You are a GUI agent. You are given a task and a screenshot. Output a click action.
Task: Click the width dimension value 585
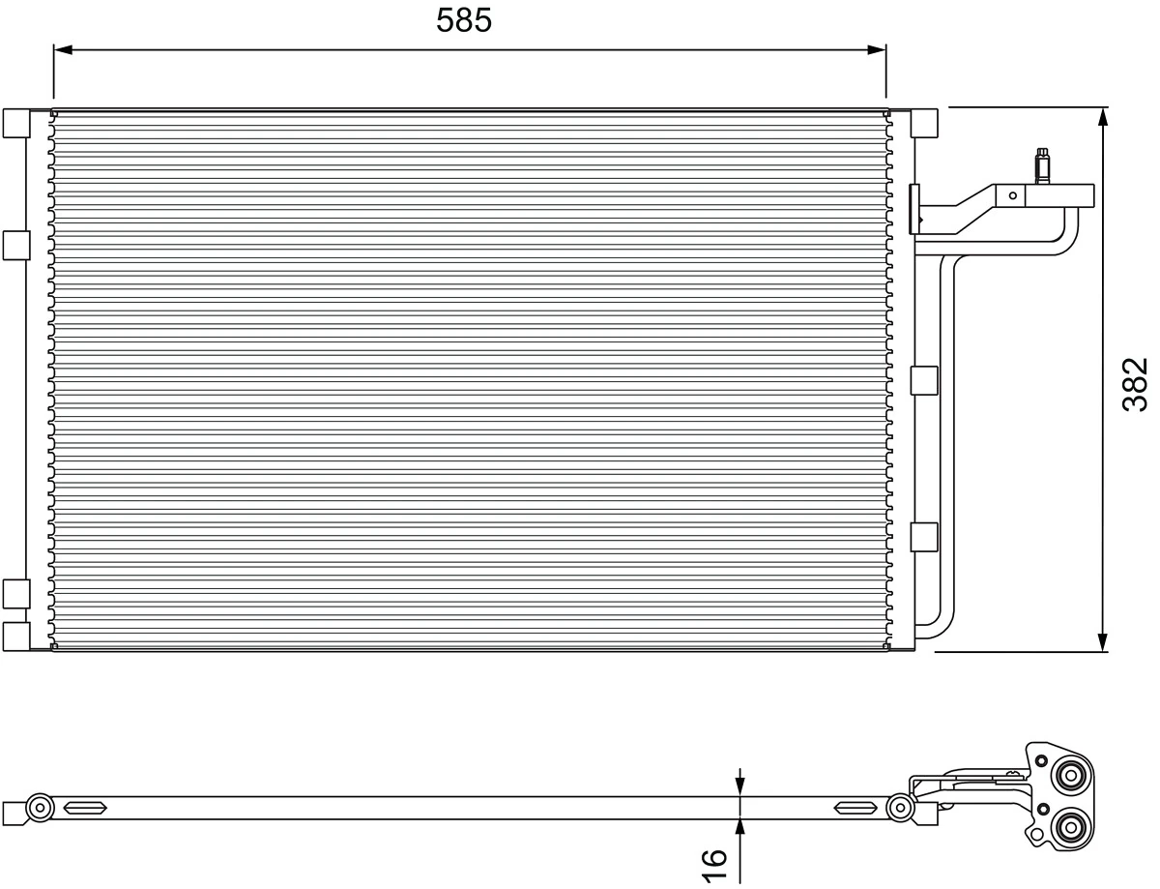coord(464,19)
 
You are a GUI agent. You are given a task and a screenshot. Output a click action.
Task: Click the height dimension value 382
coord(1135,384)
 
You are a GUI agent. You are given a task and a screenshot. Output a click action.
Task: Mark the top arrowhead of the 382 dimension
coord(1103,117)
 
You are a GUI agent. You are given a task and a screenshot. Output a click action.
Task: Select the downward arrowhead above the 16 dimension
coord(740,787)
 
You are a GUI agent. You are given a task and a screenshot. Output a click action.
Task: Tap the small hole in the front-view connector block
coord(1013,195)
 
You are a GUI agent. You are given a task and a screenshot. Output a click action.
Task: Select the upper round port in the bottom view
coord(1071,776)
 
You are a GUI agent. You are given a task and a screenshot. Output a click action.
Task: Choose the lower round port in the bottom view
coord(1069,826)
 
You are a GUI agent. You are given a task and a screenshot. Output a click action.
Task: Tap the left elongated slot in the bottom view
coord(85,807)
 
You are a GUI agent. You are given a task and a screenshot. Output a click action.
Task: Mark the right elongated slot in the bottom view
coord(855,807)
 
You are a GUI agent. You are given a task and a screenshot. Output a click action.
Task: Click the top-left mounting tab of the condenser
coord(16,123)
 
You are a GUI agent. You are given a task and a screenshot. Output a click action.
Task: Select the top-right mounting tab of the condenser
coord(924,123)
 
